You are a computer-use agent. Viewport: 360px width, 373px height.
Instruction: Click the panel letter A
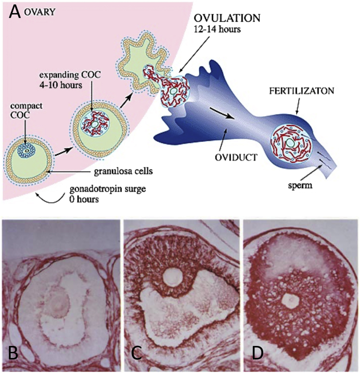[15, 13]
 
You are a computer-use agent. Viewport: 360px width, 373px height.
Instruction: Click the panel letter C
[137, 353]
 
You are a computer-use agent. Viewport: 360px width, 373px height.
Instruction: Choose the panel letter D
[257, 353]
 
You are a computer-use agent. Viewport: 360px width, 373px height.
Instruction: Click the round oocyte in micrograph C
[173, 277]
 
